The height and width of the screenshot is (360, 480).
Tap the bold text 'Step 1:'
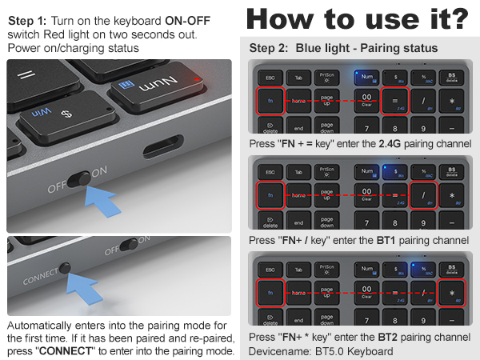[31, 20]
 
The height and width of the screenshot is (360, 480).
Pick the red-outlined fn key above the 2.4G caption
[271, 101]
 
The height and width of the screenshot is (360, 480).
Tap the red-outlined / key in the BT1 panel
[423, 195]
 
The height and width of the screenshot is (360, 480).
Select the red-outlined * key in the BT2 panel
[453, 294]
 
